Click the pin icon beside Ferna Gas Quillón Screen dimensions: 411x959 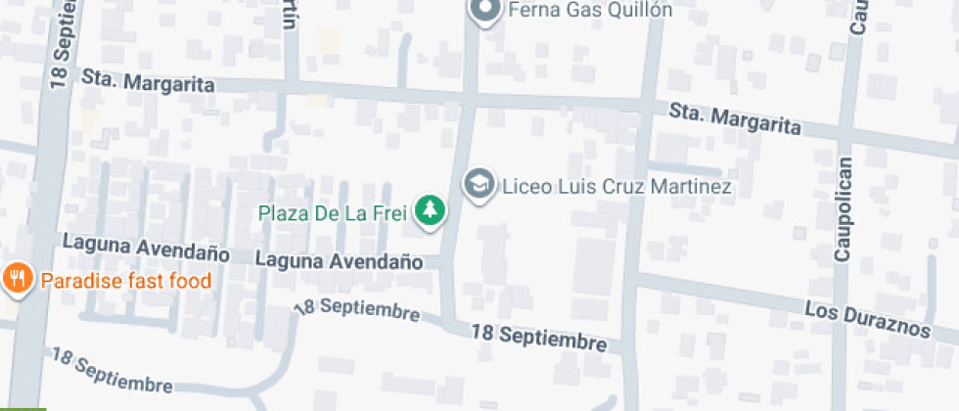pos(483,11)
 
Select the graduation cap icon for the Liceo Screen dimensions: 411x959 pos(479,184)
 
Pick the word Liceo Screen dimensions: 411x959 pos(525,185)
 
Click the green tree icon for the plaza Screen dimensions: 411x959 pos(429,210)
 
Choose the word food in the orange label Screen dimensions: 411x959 pos(190,282)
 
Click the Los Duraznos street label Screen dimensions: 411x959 pos(867,320)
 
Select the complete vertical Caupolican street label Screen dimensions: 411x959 pos(844,207)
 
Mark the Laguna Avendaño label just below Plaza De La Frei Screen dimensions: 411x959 pos(339,261)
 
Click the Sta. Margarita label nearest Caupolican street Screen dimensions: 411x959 pos(735,120)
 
